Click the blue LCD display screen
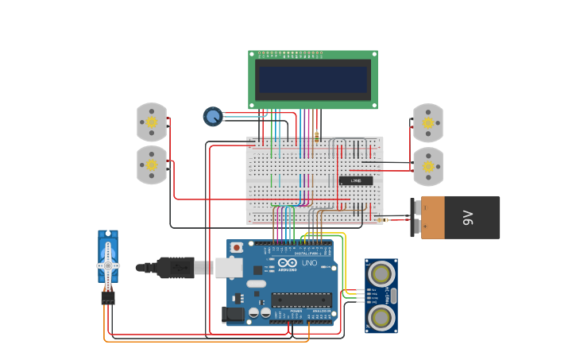(312, 79)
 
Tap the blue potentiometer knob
(213, 117)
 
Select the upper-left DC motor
(151, 122)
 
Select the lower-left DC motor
(151, 165)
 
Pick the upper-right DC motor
(428, 122)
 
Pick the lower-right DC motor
(428, 166)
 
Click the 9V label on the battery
(469, 217)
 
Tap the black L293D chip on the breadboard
(356, 181)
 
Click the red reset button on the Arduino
(236, 248)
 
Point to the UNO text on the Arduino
(309, 263)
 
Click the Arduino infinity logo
(288, 263)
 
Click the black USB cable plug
(175, 268)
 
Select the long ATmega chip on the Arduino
(302, 300)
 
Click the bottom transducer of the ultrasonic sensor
(381, 317)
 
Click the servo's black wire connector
(107, 297)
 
